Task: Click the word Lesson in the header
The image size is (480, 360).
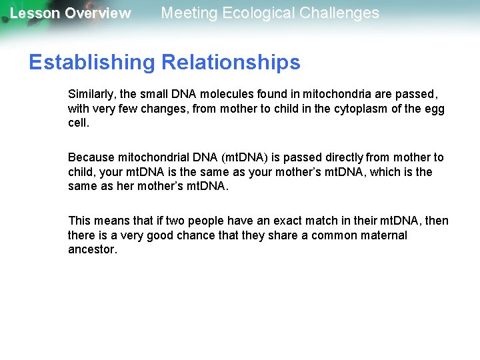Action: point(35,13)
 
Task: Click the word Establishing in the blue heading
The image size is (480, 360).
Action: point(91,63)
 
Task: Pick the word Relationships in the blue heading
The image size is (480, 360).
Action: point(230,63)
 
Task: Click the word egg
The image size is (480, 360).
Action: point(435,109)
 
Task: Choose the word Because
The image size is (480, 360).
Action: point(91,157)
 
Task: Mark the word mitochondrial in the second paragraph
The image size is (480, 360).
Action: point(151,157)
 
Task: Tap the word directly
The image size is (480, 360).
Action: point(342,157)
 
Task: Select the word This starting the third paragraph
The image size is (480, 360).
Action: point(79,221)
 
